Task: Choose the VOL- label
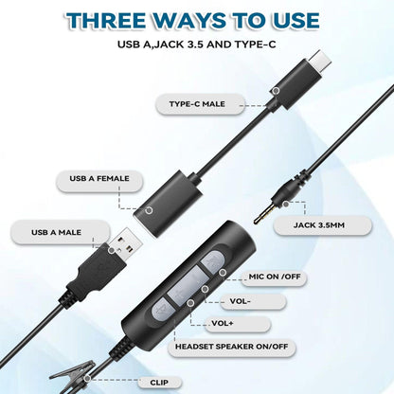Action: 268,300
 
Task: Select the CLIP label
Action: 160,383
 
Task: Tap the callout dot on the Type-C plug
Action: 276,90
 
